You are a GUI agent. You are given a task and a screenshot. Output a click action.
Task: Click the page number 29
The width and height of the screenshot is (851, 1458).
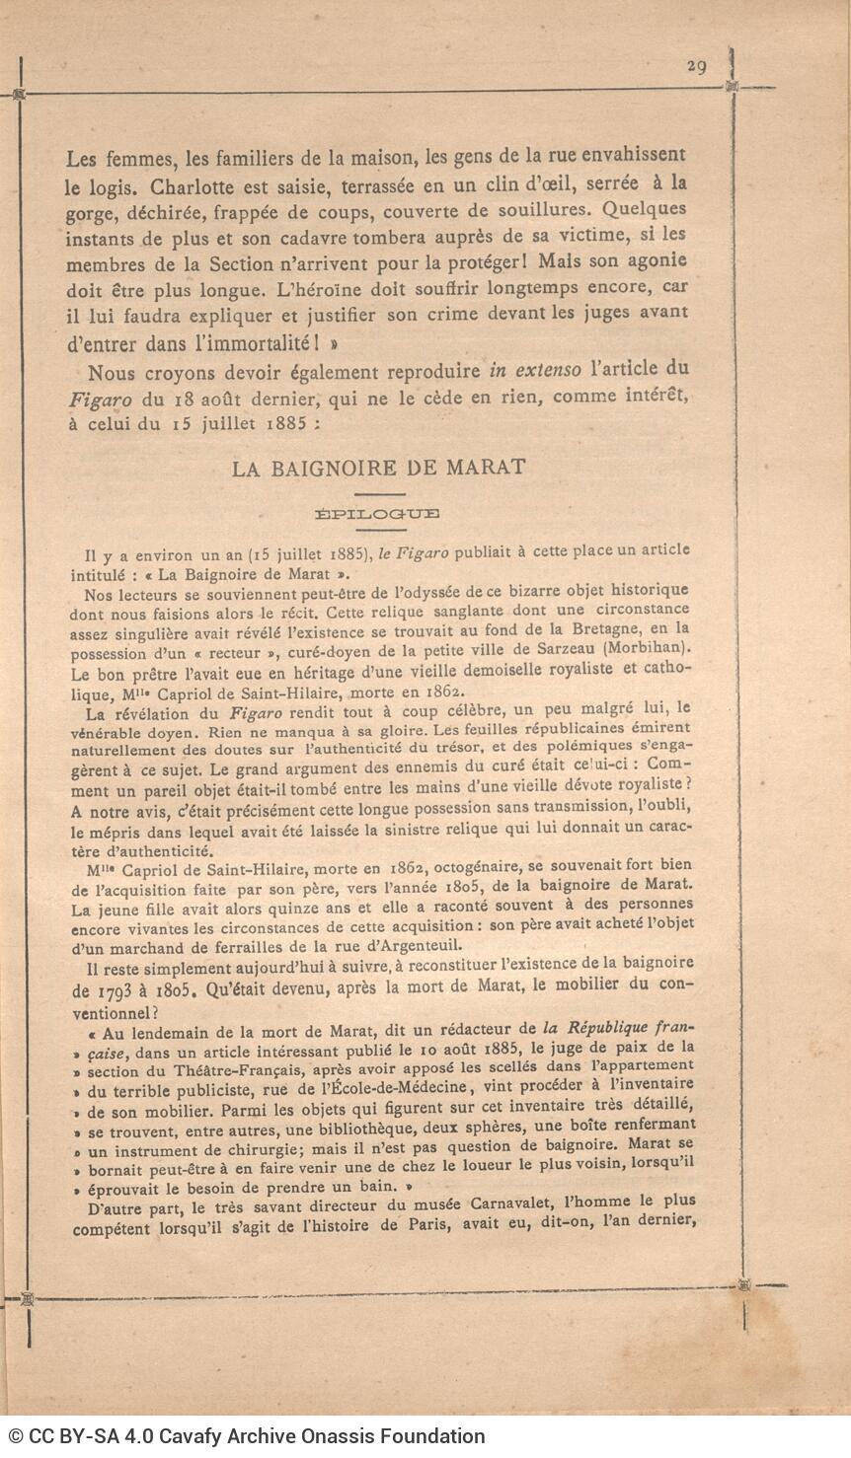click(x=696, y=65)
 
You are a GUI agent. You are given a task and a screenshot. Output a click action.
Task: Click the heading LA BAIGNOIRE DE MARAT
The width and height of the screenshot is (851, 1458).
click(x=379, y=468)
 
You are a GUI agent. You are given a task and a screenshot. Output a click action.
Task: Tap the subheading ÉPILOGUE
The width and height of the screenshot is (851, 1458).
click(x=377, y=513)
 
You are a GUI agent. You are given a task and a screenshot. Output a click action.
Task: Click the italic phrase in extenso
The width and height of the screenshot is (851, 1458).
click(x=535, y=371)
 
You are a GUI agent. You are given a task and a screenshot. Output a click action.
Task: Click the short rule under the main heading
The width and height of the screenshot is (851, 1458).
click(x=379, y=494)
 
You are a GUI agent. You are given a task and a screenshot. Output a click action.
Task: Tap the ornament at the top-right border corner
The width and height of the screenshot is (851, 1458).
click(x=732, y=87)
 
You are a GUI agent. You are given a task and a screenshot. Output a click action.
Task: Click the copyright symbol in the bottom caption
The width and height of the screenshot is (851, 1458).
click(x=16, y=1436)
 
